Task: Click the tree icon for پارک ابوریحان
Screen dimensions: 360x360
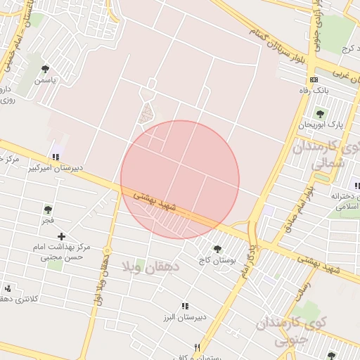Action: click(320, 113)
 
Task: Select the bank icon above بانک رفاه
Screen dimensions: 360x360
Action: click(314, 79)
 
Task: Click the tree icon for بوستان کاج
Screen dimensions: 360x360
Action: click(217, 249)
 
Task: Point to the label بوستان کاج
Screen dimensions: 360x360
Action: click(217, 261)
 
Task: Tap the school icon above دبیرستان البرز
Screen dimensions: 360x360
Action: click(185, 306)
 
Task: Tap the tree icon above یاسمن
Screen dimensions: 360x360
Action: click(46, 69)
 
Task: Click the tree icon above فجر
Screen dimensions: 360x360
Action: click(48, 209)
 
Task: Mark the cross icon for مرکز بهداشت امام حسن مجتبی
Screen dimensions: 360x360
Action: click(62, 236)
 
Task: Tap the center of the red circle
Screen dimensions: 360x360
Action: click(180, 179)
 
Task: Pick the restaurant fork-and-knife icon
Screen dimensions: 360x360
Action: click(198, 347)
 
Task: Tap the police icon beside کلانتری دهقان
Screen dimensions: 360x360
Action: click(8, 288)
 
